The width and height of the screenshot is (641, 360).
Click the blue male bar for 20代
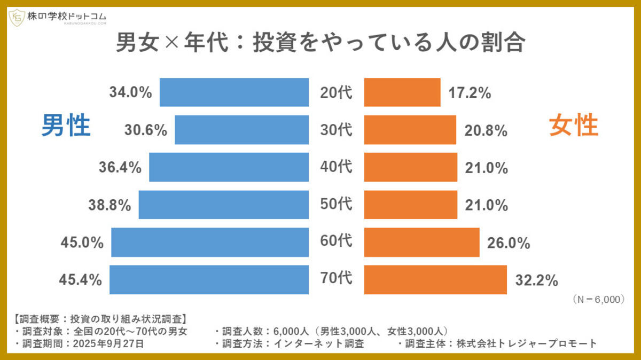234,92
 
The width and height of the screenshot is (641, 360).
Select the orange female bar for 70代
435,279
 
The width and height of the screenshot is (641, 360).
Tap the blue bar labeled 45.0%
210,242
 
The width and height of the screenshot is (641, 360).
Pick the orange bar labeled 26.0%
421,242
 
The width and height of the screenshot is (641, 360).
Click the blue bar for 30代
241,130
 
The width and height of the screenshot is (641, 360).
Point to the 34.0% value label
131,92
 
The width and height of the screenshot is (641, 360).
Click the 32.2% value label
537,280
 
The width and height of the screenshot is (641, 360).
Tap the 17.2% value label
470,93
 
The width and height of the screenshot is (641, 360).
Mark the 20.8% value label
486,130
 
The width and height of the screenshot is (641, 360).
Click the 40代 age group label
336,167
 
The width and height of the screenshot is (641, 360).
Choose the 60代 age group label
336,242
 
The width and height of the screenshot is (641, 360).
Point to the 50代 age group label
336,205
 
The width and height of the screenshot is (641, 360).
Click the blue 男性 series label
66,127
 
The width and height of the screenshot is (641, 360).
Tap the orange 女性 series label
574,127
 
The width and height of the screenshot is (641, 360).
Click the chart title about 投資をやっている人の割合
320,43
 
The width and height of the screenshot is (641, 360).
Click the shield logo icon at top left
16,18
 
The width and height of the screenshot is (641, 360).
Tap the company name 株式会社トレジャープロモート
526,343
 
